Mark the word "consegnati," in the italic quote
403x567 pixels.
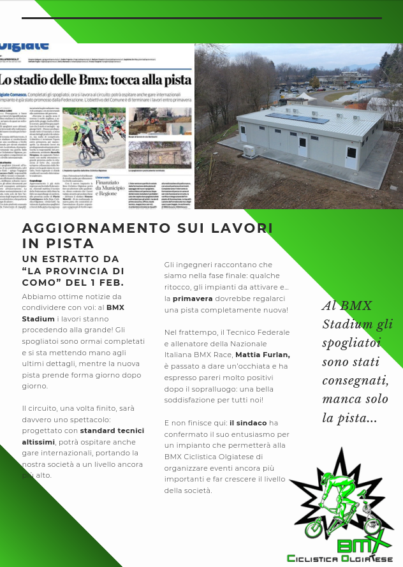355,381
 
